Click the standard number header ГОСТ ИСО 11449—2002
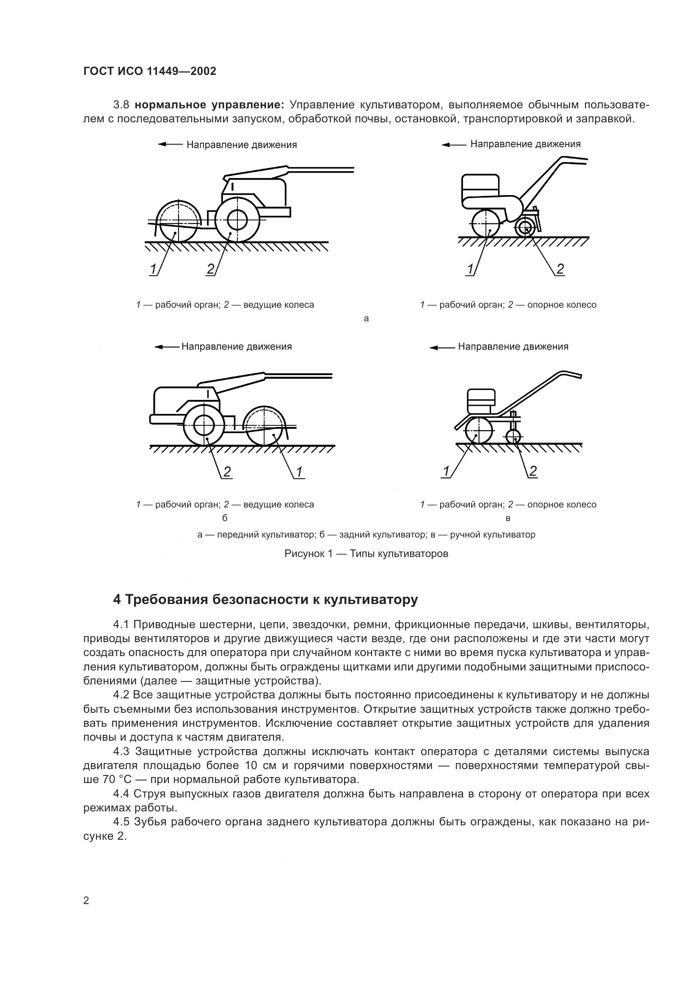[x=149, y=72]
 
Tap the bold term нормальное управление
[x=209, y=105]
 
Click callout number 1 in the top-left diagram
[x=153, y=270]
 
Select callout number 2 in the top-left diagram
[x=210, y=270]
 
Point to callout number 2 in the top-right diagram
[x=560, y=270]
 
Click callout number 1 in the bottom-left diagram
[x=299, y=472]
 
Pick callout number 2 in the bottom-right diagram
[x=533, y=471]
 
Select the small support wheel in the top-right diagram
[x=525, y=227]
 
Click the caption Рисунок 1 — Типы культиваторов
[x=366, y=554]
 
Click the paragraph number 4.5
[x=121, y=822]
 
